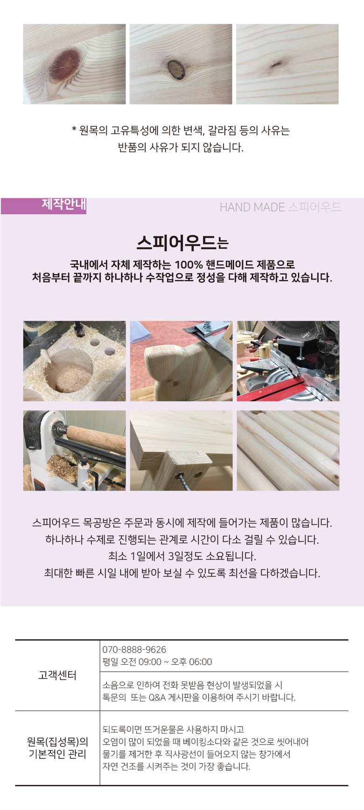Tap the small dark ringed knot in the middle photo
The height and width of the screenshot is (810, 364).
pos(176,69)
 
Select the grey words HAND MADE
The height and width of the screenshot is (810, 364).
pos(252,207)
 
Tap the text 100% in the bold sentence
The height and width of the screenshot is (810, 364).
pos(187,264)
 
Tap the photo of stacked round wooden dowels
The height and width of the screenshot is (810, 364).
pos(288,450)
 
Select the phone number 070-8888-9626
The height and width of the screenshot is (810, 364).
pos(134,649)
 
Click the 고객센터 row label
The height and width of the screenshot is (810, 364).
pos(57,675)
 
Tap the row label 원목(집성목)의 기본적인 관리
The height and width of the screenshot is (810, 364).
pos(57,748)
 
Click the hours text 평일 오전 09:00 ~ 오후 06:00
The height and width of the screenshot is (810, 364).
pos(157,662)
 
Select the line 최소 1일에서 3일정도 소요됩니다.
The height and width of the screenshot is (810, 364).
pos(182,556)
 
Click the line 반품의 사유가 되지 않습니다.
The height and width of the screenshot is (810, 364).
pos(181,148)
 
